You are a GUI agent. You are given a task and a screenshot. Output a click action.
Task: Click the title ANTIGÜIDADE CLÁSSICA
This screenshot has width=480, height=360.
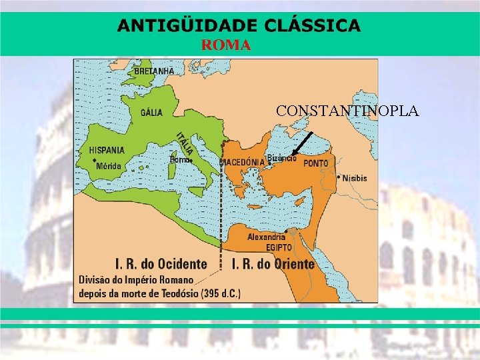[x=239, y=26]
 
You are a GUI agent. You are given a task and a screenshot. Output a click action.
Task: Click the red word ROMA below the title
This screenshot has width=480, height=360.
[x=226, y=45]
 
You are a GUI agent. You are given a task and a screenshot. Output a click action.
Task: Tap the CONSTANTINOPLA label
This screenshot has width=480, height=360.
[x=347, y=111]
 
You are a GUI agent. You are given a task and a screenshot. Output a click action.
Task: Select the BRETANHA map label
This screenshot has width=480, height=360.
[x=154, y=71]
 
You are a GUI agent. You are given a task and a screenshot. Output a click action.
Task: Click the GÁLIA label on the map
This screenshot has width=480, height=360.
[x=151, y=112]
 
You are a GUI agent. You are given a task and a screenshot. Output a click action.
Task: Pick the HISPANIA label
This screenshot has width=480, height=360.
[x=107, y=150]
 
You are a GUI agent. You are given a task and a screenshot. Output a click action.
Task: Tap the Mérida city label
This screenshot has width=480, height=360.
[x=109, y=167]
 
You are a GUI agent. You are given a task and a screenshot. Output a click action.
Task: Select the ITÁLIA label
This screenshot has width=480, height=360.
[x=185, y=141]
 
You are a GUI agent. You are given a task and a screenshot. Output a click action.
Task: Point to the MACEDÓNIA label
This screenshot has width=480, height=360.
[x=243, y=163]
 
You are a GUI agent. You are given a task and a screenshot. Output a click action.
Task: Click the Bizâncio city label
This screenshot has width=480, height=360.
[x=281, y=158]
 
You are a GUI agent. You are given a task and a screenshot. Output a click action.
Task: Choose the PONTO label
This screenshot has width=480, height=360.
[x=315, y=163]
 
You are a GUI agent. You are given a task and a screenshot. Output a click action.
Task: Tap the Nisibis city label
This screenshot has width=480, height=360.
[x=354, y=178]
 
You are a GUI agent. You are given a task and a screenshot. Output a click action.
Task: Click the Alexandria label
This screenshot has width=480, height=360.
[x=266, y=237]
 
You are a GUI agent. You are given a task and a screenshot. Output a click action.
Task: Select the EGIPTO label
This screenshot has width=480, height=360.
[x=279, y=247]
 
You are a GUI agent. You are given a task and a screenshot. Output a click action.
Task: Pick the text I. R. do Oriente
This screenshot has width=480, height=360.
[x=273, y=264]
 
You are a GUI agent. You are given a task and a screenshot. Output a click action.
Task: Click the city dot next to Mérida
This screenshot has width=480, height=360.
[x=95, y=161]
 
